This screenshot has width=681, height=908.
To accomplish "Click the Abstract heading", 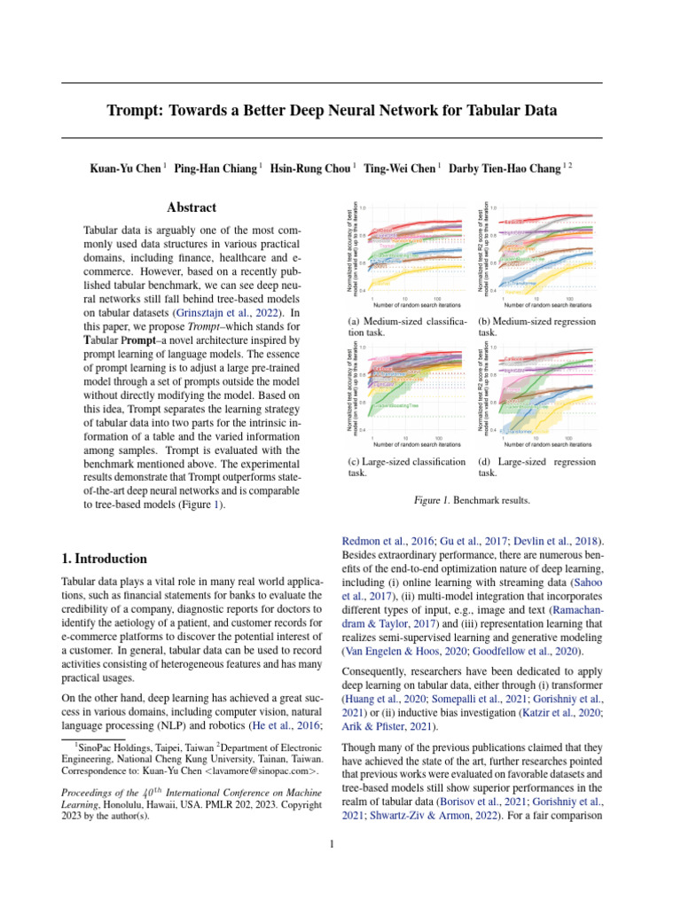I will [x=192, y=207].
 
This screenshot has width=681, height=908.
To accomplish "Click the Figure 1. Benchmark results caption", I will [x=472, y=500].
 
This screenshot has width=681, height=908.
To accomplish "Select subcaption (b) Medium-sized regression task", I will [x=536, y=326].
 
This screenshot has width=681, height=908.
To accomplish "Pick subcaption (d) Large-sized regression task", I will [x=536, y=467].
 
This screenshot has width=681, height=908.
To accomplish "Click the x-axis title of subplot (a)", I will [x=407, y=302].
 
